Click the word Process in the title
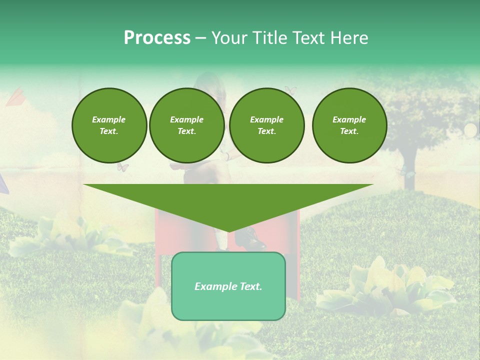click(x=157, y=38)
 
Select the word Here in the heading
click(x=349, y=38)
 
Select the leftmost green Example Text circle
click(x=109, y=125)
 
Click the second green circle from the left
click(x=186, y=125)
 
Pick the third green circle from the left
click(x=266, y=125)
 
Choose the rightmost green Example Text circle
click(x=349, y=125)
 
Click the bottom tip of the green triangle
click(x=228, y=230)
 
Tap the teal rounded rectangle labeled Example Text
click(x=228, y=286)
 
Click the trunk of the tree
click(x=410, y=170)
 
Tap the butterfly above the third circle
click(x=290, y=90)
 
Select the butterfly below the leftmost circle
click(x=123, y=167)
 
